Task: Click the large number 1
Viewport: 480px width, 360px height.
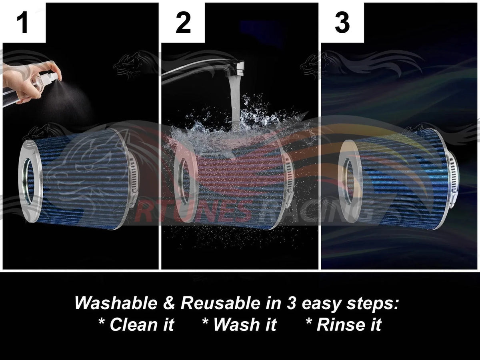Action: pos(23,22)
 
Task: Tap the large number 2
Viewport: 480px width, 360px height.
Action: pos(183,22)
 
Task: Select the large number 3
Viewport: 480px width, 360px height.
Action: pos(342,22)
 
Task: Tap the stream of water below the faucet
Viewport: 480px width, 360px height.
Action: pos(235,100)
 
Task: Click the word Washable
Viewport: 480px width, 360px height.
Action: pos(116,303)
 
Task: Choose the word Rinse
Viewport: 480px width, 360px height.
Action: pos(341,324)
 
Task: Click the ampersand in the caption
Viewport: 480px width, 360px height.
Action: pos(169,303)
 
